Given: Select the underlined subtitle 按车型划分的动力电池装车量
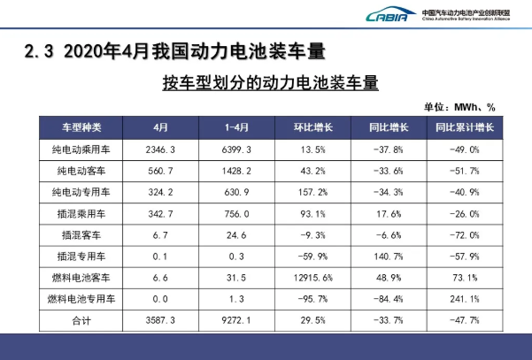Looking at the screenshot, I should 271,84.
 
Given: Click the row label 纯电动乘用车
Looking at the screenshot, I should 81,149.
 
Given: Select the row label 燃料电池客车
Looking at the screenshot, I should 81,279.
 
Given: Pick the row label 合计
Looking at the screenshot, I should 81,322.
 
